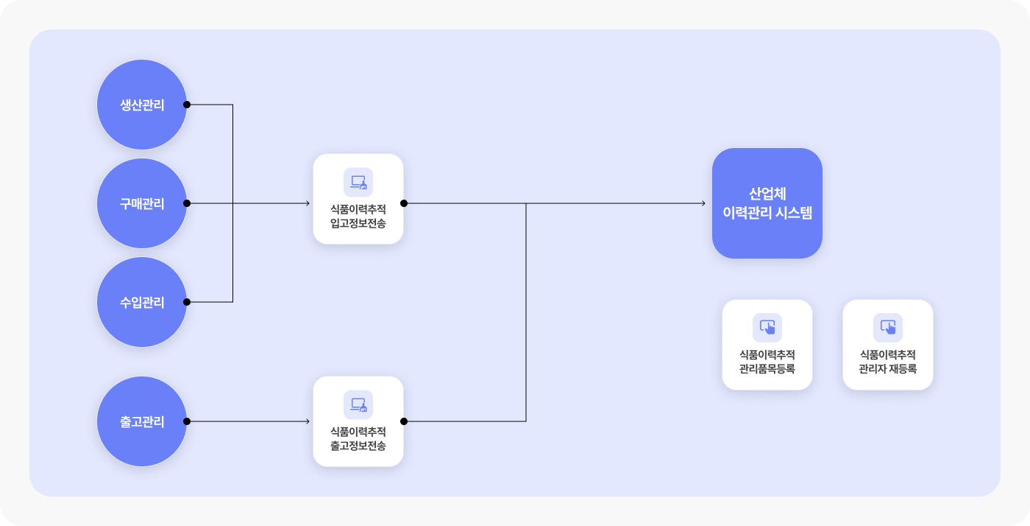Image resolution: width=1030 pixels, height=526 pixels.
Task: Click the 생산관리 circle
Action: click(142, 105)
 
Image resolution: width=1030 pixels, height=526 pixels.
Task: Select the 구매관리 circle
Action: click(142, 203)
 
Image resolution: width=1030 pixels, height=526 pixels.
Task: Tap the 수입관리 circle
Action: click(142, 302)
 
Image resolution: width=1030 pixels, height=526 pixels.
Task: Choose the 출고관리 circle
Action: click(142, 421)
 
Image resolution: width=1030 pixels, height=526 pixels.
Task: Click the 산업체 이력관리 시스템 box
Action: click(767, 203)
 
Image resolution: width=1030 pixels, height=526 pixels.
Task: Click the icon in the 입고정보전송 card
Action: click(358, 183)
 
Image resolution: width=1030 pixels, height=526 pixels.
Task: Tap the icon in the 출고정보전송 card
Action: click(358, 405)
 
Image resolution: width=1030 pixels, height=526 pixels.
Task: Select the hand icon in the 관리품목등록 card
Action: click(767, 328)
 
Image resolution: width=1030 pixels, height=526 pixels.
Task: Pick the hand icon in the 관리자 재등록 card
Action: click(887, 328)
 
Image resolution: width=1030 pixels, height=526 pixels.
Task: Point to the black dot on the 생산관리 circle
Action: click(187, 105)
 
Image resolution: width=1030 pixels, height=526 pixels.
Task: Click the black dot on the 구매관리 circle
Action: click(187, 203)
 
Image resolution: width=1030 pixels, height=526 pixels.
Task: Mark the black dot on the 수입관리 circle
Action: click(187, 302)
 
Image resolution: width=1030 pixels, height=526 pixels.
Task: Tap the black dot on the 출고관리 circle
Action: click(187, 421)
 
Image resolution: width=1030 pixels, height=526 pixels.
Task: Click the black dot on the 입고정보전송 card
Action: click(404, 203)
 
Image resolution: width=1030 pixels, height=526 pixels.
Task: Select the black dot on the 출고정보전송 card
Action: click(404, 421)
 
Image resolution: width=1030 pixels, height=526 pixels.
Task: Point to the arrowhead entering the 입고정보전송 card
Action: click(308, 203)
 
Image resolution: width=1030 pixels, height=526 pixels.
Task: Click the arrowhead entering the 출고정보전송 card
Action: click(308, 421)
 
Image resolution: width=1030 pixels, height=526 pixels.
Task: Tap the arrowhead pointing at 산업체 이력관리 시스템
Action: click(703, 203)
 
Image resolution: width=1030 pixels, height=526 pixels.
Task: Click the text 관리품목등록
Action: click(767, 368)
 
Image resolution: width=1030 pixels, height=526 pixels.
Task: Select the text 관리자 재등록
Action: click(887, 368)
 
